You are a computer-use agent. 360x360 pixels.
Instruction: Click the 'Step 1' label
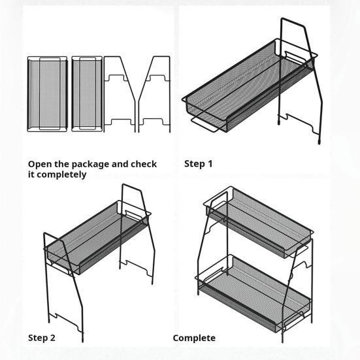point(199,163)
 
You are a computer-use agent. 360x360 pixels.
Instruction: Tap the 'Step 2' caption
point(42,338)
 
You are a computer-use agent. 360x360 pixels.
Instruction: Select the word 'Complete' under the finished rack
point(194,338)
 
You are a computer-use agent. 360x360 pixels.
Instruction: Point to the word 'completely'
point(62,174)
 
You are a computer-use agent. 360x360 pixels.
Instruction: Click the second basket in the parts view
point(85,94)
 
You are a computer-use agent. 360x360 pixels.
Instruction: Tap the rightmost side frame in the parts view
point(155,94)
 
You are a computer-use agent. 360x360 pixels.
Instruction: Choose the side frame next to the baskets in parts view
point(120,94)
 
